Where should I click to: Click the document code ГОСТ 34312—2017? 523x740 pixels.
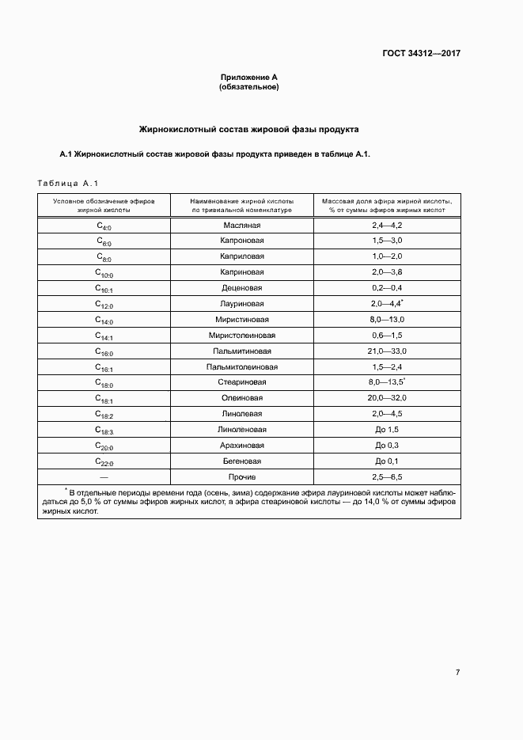click(417, 55)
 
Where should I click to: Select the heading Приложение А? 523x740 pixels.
click(248, 77)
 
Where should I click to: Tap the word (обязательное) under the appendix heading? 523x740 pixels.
click(248, 86)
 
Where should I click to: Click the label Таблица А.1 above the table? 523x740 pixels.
click(67, 183)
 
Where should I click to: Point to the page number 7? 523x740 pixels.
click(457, 672)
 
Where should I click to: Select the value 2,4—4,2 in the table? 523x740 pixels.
click(387, 226)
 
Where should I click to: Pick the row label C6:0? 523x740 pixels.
click(104, 241)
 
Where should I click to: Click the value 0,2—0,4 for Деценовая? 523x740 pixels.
click(387, 288)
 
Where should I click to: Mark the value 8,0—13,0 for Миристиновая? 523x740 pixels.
click(387, 320)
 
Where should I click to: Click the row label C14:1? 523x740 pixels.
click(104, 336)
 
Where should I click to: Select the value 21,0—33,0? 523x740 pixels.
click(387, 351)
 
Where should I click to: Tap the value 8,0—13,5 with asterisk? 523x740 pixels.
click(387, 382)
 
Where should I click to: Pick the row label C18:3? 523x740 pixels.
click(104, 430)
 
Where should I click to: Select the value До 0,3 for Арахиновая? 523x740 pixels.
click(387, 445)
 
